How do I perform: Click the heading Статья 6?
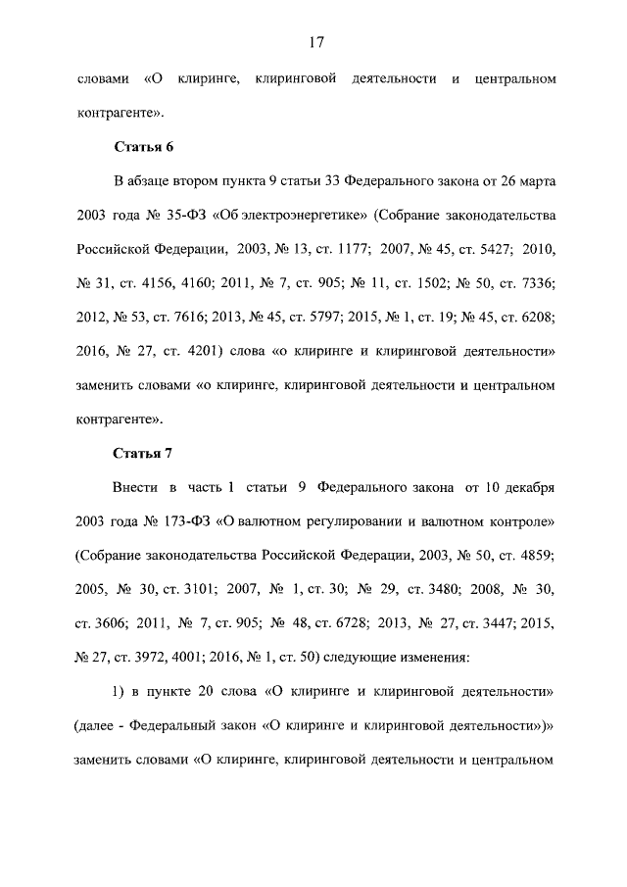pos(144,147)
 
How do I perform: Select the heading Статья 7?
pos(144,453)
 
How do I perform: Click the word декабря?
pos(526,487)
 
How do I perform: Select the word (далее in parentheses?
pos(100,725)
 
